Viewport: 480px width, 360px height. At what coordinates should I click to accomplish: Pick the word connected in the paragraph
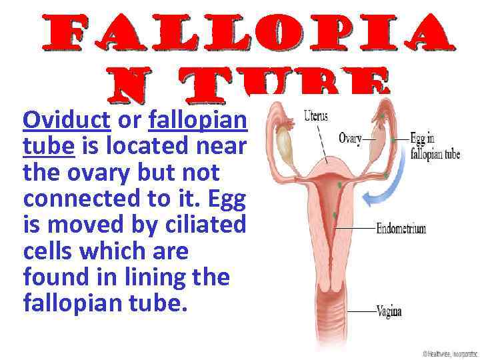tap(84, 199)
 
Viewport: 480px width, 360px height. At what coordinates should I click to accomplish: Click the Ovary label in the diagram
tap(350, 139)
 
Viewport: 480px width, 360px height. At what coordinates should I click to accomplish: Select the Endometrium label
tap(401, 229)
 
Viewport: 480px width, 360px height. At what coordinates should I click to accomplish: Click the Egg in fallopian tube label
tap(434, 147)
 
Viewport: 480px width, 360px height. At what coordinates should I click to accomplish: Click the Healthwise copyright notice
tap(449, 353)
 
